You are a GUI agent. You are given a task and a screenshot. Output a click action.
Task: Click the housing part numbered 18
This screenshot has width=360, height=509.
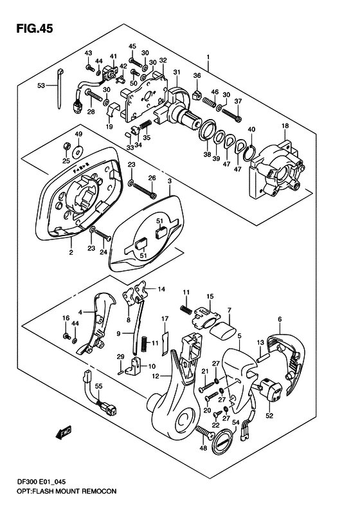[x=276, y=171]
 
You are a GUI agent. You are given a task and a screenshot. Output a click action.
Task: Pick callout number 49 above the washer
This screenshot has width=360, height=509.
[x=78, y=134]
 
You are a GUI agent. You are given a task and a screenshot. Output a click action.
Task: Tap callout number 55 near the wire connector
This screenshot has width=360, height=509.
[x=99, y=385]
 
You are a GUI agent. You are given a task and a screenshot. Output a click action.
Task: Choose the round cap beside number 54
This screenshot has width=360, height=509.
[x=221, y=442]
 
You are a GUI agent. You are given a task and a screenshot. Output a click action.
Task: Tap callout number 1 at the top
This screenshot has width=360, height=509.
[x=208, y=57]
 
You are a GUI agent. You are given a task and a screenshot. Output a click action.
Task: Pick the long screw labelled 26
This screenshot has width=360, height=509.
[x=145, y=187]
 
